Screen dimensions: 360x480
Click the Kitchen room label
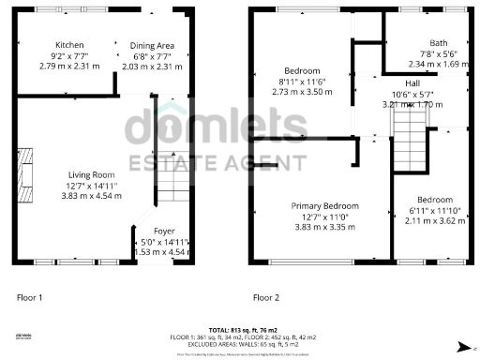(69, 45)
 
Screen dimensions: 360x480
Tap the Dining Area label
(152, 45)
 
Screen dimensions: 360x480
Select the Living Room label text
(91, 174)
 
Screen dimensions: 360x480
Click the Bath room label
(438, 43)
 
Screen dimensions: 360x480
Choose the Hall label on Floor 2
(412, 82)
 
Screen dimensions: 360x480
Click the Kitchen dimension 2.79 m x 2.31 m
(69, 66)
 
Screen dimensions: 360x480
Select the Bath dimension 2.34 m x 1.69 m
(438, 65)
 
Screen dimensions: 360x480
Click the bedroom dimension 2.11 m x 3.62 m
(434, 221)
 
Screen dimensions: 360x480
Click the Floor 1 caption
(30, 297)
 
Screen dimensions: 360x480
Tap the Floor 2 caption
(266, 297)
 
